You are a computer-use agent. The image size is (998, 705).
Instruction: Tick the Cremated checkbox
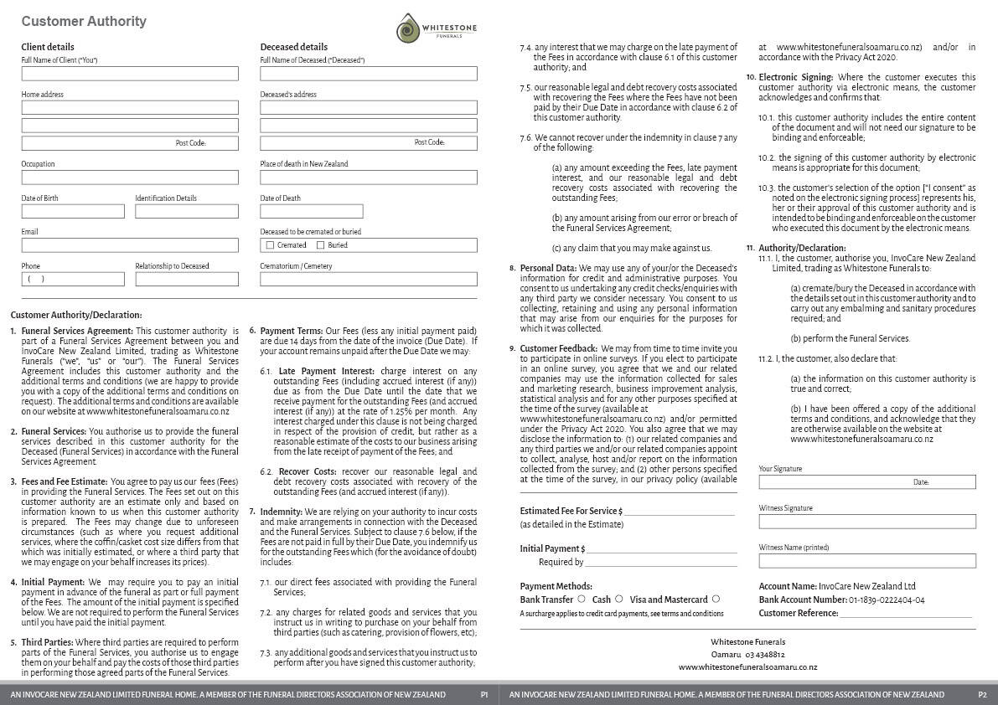270,245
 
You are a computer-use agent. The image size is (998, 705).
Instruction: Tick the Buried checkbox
320,245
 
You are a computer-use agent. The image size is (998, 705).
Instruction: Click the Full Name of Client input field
130,74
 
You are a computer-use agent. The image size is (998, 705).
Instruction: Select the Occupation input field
130,178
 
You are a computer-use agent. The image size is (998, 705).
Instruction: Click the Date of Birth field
73,211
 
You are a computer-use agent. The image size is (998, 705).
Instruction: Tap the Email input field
130,245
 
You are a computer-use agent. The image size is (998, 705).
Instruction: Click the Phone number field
73,280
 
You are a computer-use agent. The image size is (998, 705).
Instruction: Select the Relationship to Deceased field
187,280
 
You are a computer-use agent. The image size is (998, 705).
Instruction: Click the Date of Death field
311,211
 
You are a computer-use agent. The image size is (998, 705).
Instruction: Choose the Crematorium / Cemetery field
368,280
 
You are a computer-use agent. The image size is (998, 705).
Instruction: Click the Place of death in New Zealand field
368,178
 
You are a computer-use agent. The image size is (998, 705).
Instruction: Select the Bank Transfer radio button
582,599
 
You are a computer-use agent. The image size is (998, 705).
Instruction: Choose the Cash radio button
619,599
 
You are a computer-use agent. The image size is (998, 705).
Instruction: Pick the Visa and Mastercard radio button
715,599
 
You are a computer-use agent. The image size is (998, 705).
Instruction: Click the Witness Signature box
867,522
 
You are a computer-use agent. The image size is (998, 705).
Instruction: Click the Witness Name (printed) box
867,561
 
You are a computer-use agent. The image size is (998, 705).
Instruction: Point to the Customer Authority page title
84,22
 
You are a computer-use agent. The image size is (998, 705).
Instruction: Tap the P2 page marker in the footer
982,695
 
